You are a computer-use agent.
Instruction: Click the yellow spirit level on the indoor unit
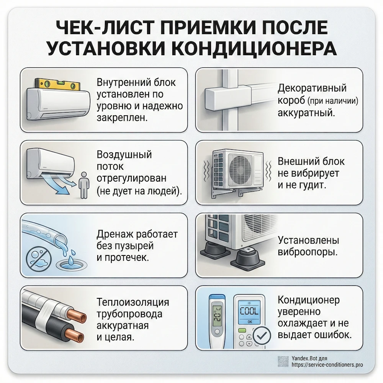[58, 83]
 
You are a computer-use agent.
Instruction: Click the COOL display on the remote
[249, 309]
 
